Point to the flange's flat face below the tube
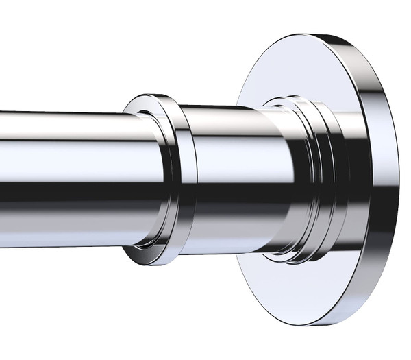click(288, 302)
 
